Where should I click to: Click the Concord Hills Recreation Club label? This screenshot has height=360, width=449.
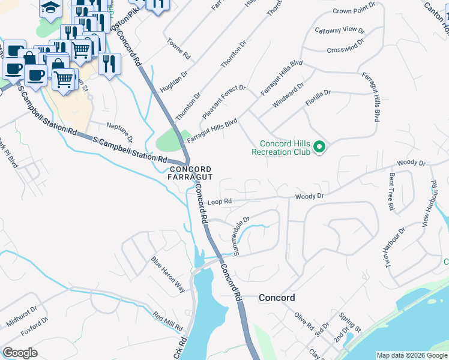[x=285, y=148]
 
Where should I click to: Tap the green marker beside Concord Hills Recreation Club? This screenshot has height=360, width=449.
[x=320, y=146]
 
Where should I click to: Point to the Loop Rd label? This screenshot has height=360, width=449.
[x=219, y=202]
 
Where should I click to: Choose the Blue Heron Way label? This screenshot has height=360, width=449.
[x=167, y=275]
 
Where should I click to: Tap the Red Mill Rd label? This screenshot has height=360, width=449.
[x=167, y=322]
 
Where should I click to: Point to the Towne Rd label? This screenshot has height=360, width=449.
[x=179, y=50]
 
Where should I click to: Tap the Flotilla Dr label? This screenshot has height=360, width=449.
[x=318, y=98]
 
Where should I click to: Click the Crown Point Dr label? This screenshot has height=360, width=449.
[x=353, y=11]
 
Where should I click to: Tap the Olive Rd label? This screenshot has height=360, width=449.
[x=304, y=323]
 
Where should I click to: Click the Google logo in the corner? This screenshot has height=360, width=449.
[x=20, y=352]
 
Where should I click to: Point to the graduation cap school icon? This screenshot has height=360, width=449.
[x=50, y=7]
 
